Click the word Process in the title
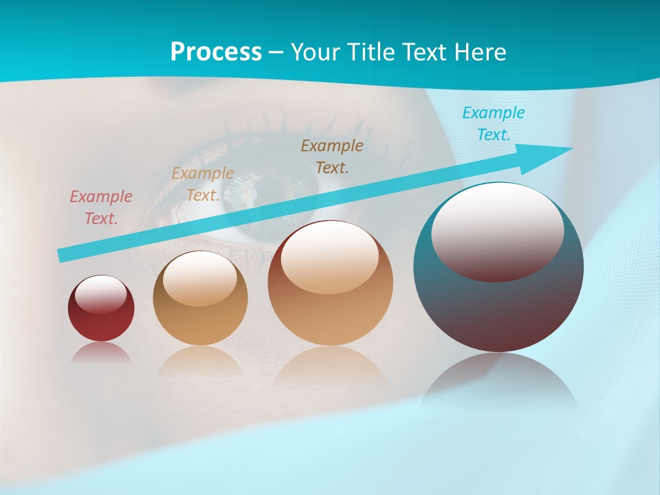[x=216, y=52]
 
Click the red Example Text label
[x=101, y=208]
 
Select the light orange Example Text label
[x=203, y=184]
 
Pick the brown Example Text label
[x=332, y=156]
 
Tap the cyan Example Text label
[x=494, y=124]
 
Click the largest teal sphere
[x=498, y=309]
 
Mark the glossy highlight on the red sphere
[x=100, y=294]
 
